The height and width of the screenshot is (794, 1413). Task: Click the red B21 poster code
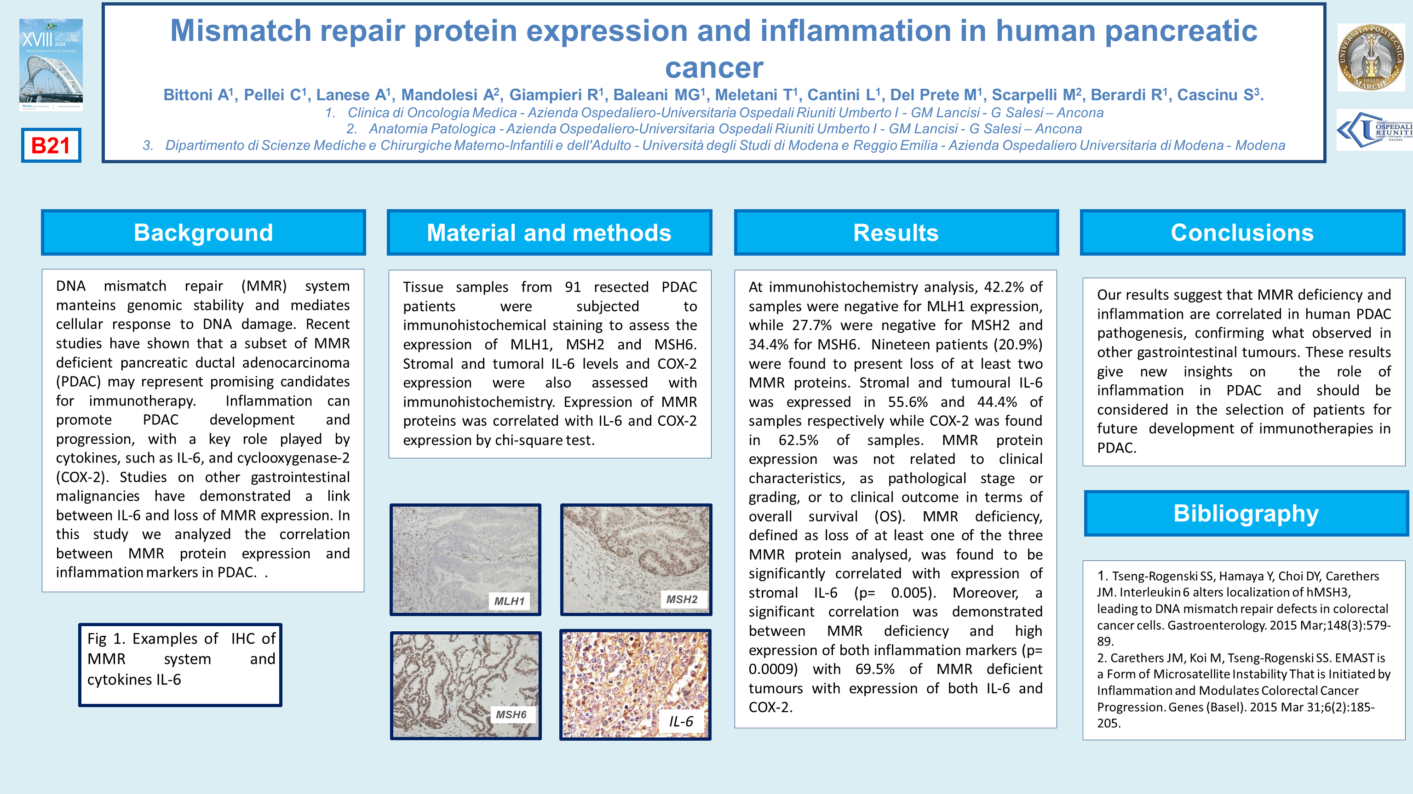[51, 145]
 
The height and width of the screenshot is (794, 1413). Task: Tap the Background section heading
[203, 233]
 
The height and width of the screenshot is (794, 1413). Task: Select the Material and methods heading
[549, 233]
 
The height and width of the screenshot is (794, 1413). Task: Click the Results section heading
[896, 233]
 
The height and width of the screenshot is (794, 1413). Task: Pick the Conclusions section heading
[1242, 233]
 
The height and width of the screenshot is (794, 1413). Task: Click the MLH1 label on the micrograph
[510, 601]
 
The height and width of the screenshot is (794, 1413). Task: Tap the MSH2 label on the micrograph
[682, 600]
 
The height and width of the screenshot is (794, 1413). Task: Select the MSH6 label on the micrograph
[511, 714]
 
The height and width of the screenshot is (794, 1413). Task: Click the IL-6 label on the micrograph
[681, 721]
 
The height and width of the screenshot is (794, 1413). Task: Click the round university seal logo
[1371, 57]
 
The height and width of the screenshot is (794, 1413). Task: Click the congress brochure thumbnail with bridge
[51, 65]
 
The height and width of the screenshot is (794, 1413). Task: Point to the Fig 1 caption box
[180, 665]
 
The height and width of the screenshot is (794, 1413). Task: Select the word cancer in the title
[714, 68]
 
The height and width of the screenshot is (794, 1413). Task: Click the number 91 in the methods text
[573, 287]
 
